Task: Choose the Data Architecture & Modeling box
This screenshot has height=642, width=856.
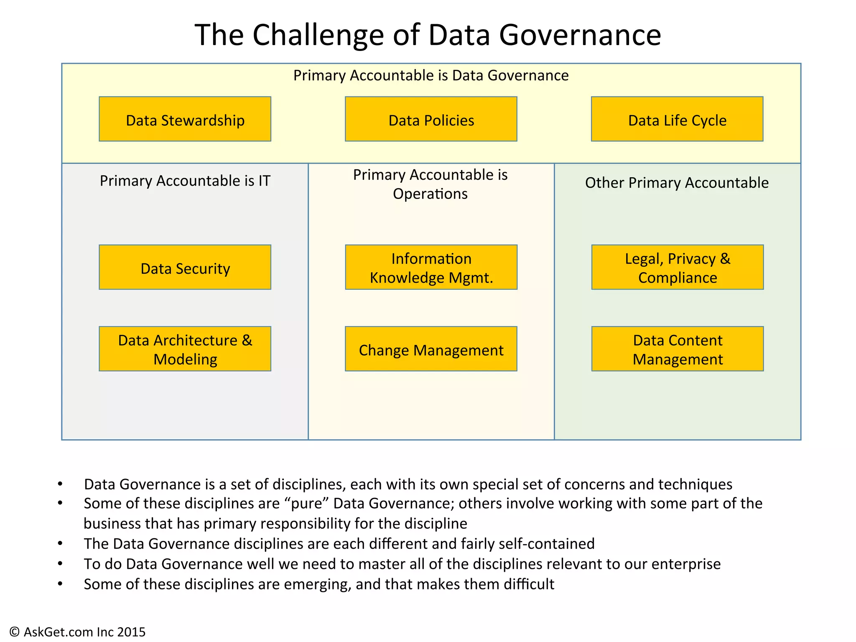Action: click(185, 349)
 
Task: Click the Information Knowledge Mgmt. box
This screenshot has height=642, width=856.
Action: click(431, 267)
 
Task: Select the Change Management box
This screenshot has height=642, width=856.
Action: click(431, 349)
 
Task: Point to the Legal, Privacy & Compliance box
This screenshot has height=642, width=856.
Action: click(677, 267)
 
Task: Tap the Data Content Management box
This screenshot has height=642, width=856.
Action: click(677, 349)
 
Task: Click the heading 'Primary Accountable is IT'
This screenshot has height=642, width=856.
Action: click(185, 181)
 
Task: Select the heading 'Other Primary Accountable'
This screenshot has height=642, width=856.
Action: click(677, 183)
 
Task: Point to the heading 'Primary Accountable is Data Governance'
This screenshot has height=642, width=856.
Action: click(431, 76)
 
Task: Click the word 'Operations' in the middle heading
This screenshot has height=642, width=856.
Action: click(430, 194)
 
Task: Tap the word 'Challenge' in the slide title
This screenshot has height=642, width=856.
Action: click(318, 35)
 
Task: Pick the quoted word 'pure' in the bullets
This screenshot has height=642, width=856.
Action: click(308, 504)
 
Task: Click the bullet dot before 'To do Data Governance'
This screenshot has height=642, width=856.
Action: click(60, 564)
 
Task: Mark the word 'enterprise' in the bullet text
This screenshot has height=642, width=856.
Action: click(686, 564)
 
